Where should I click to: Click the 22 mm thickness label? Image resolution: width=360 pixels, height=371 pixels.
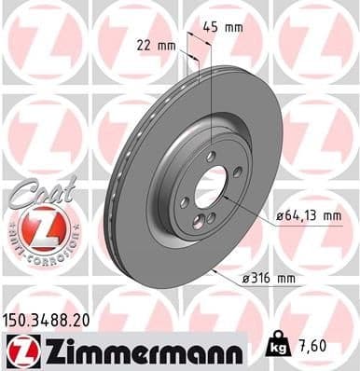tap(157, 44)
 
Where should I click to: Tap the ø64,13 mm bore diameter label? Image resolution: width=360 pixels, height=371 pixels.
tap(304, 217)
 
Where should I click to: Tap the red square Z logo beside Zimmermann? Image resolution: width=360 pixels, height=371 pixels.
tap(20, 351)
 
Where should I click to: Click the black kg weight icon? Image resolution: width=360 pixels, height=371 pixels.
tap(278, 348)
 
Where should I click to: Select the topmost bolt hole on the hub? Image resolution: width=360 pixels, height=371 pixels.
tap(212, 155)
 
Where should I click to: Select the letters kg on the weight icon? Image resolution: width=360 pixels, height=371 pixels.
tap(278, 351)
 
